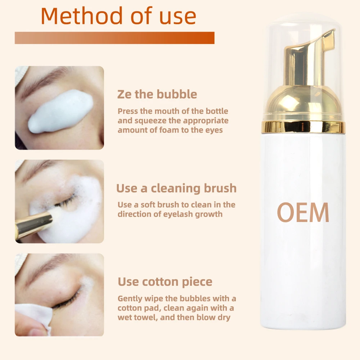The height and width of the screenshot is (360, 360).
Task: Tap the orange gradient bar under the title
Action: (x=114, y=38)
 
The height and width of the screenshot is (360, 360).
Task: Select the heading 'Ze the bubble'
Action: (x=157, y=94)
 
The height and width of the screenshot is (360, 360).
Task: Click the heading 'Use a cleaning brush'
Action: (x=176, y=188)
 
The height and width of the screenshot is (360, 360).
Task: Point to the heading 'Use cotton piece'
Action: (x=165, y=282)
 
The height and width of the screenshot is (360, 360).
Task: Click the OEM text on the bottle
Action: (x=303, y=212)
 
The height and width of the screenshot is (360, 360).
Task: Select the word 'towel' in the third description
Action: (x=141, y=317)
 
